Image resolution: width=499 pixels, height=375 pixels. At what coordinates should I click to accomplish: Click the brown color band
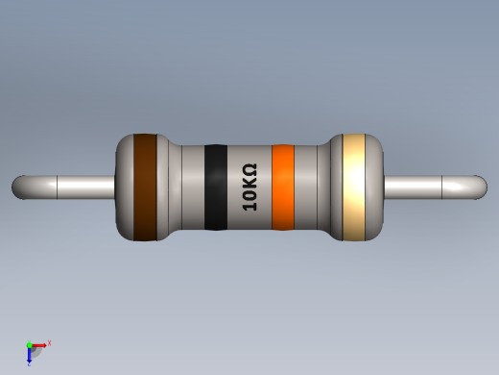[x=145, y=187]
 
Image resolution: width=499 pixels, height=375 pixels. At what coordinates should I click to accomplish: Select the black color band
[x=216, y=187]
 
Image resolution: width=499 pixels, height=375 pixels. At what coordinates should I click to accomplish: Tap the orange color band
[x=282, y=187]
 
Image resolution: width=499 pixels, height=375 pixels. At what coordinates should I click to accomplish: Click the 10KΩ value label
[x=249, y=187]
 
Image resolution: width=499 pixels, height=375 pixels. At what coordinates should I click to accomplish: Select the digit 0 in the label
[x=249, y=194]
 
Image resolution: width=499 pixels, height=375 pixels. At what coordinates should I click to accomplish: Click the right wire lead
[x=427, y=187]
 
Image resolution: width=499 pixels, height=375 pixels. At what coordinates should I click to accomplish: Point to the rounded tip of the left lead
[x=19, y=187]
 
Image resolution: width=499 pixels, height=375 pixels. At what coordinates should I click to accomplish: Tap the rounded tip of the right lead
[x=480, y=187]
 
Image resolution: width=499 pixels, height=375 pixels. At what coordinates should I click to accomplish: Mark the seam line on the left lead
[x=58, y=187]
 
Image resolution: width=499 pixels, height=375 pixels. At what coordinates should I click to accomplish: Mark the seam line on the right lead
[x=441, y=187]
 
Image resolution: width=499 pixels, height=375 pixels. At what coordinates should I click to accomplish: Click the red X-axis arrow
[x=40, y=344]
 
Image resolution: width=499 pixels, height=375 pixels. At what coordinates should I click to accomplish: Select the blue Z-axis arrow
[x=30, y=355]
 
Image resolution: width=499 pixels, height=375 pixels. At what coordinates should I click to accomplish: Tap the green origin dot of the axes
[x=30, y=344]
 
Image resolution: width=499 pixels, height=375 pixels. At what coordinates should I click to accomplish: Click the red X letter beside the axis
[x=49, y=342]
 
